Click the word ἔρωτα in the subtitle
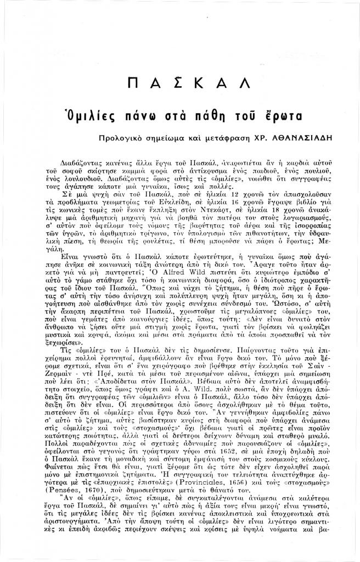(279, 115)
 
